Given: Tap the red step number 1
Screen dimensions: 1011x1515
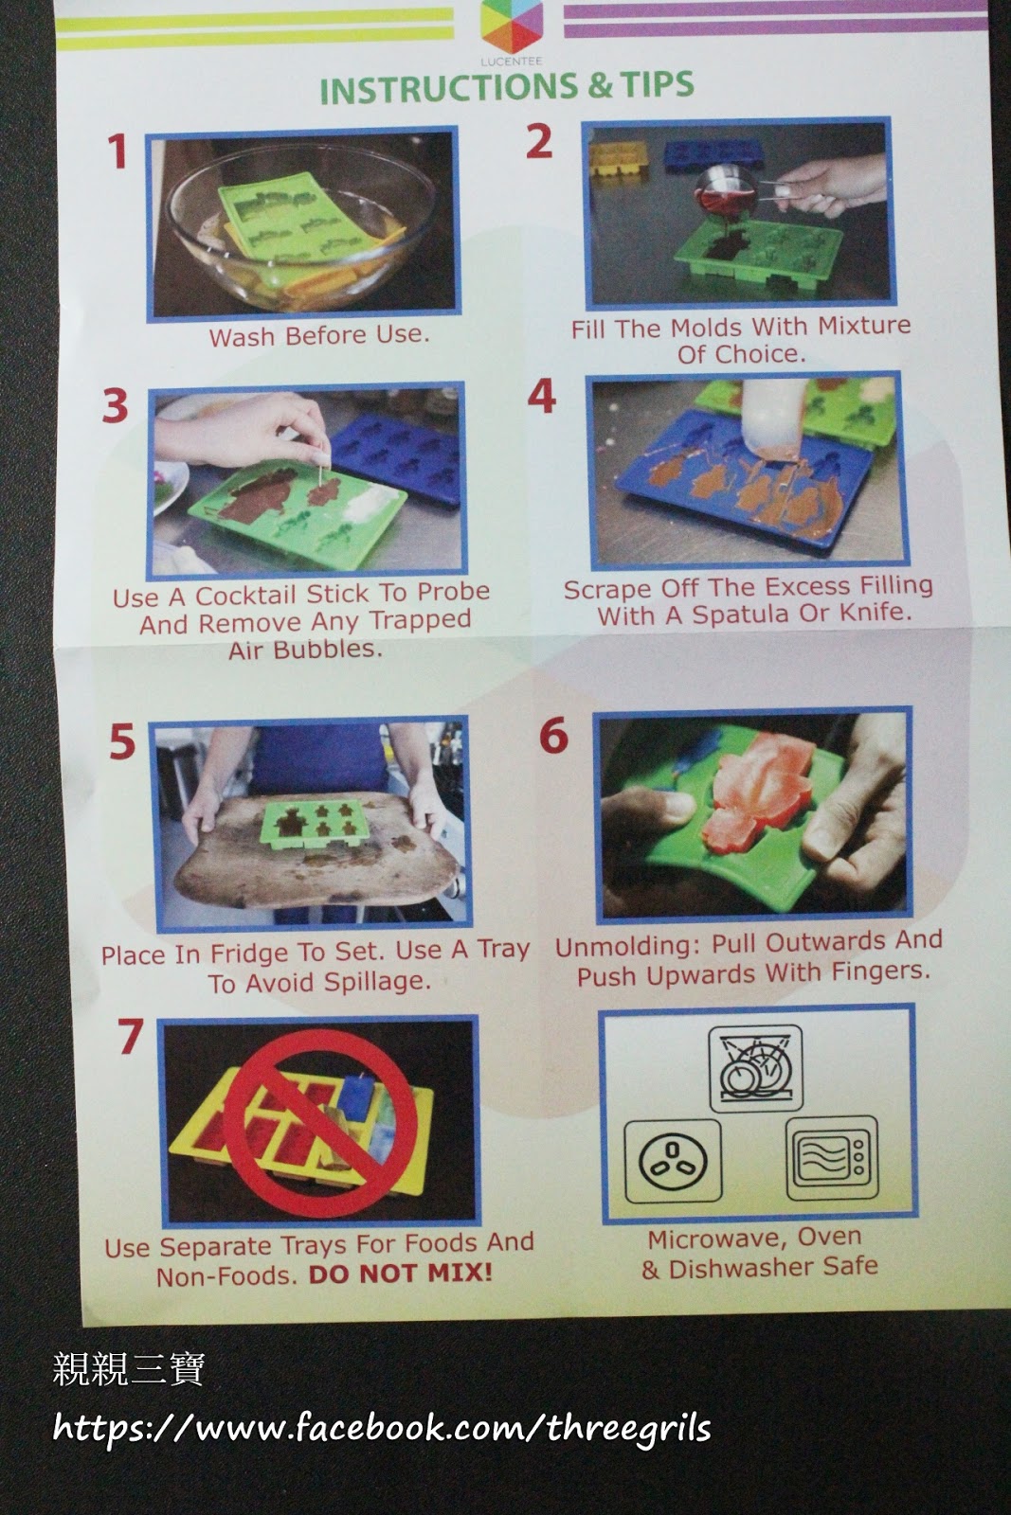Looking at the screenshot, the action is click(117, 151).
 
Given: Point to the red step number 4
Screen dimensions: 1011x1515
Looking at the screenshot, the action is click(541, 396).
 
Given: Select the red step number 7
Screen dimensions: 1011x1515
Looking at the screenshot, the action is click(131, 1036).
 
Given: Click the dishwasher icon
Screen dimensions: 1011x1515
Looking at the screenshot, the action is click(755, 1068).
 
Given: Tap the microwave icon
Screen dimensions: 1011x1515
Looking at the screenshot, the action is click(832, 1158).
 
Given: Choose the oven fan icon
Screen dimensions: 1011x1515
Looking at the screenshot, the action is click(673, 1161).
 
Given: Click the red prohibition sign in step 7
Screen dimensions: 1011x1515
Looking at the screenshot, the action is click(319, 1123).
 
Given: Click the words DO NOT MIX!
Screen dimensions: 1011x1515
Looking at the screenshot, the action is click(400, 1274).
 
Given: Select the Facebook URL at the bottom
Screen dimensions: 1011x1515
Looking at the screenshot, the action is click(382, 1428).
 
